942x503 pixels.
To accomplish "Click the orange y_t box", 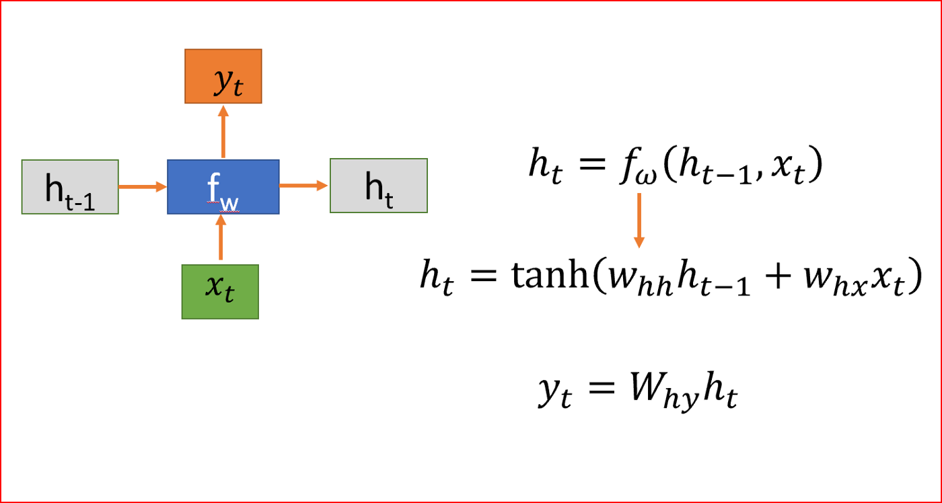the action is point(223,76).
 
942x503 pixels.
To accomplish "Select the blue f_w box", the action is point(223,187).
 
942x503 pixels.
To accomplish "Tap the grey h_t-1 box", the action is point(70,187).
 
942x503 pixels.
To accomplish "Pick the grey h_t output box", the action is point(378,186).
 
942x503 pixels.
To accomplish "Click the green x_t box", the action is point(221,291).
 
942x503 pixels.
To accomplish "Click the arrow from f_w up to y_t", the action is point(223,132).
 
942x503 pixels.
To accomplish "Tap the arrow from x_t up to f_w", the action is point(221,239).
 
